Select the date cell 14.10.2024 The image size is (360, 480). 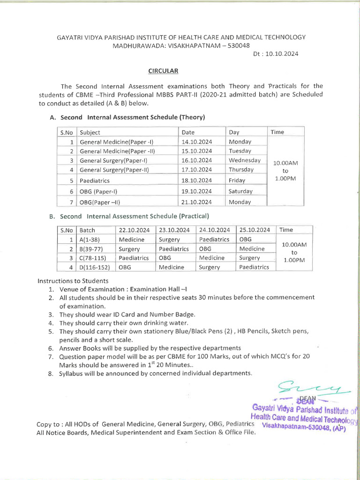point(197,142)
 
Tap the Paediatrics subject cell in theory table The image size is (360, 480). point(95,180)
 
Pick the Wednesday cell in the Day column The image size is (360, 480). point(245,160)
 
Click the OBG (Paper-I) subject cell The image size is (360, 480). point(98,192)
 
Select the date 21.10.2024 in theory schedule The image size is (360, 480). point(197,202)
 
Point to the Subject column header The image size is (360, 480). point(90,132)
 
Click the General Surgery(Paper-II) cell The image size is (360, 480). point(114,170)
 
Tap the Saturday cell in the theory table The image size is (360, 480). point(240,191)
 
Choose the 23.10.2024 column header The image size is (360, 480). point(174,230)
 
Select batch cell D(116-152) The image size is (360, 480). point(95,267)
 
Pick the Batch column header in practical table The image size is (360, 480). point(88,230)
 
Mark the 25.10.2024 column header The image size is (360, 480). point(255,230)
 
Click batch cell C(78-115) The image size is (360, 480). point(93,258)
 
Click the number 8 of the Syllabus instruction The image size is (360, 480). point(51,374)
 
